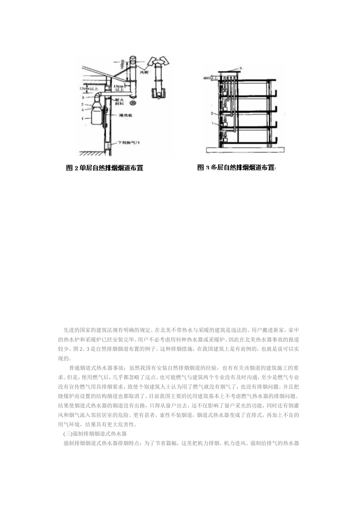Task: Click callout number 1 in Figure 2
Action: [82, 118]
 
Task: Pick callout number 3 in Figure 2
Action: [82, 98]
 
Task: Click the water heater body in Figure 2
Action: [97, 116]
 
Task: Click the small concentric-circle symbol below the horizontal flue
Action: [133, 103]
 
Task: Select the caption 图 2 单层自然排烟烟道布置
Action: [105, 168]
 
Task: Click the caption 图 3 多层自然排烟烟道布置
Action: [236, 167]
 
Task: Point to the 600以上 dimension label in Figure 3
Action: [210, 78]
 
